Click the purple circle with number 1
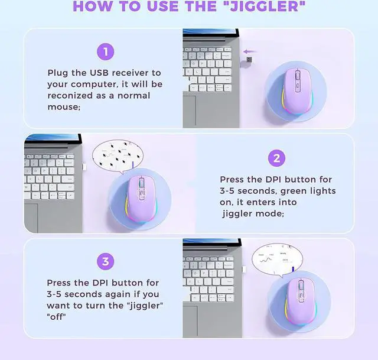[x=105, y=52]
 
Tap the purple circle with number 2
[x=276, y=158]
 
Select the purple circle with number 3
[x=105, y=261]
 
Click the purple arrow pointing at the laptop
[x=250, y=51]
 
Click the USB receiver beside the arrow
[x=249, y=60]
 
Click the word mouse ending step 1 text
[x=63, y=107]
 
